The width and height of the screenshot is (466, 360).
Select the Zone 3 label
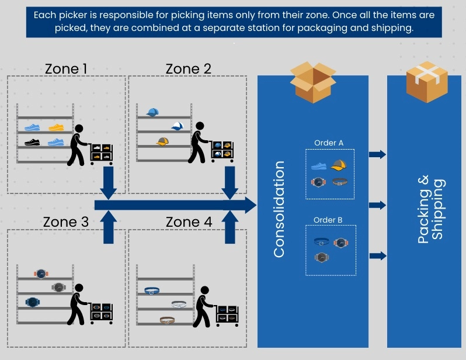(x=66, y=223)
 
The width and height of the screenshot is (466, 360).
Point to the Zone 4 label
(x=188, y=223)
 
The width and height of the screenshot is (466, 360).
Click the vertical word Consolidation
(x=279, y=209)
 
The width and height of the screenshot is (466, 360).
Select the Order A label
(x=329, y=143)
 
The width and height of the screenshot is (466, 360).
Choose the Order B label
(x=329, y=220)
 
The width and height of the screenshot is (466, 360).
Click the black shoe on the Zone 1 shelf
(x=32, y=142)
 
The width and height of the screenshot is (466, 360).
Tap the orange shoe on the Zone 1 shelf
(x=56, y=127)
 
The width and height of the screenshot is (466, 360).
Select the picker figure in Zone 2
(x=199, y=142)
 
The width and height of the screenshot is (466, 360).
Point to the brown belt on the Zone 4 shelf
(x=168, y=320)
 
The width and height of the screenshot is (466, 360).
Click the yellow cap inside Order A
(x=339, y=165)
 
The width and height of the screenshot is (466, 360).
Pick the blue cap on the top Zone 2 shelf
(x=152, y=112)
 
